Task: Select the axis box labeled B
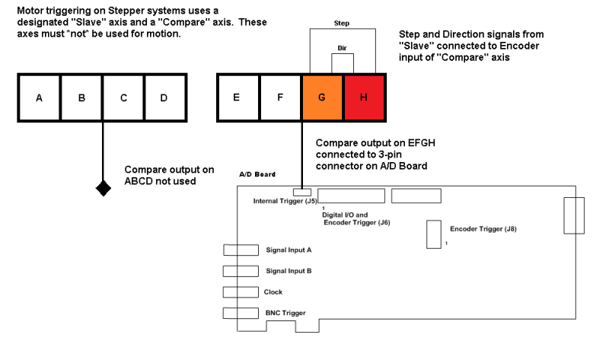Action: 81,97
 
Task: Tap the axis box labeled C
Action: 123,97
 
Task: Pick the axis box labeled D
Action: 165,97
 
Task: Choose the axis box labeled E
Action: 238,97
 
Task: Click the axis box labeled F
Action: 280,97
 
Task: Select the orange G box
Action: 323,97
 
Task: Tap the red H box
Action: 365,97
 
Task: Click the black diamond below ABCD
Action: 103,188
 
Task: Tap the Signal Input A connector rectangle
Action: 241,250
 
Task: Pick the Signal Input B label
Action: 289,271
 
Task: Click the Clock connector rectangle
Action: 241,292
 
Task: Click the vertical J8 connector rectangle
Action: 433,234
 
